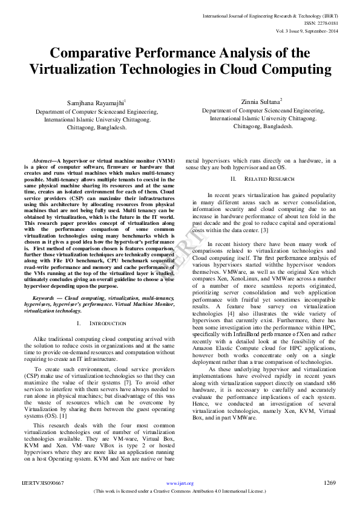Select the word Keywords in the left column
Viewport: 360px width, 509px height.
45,297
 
